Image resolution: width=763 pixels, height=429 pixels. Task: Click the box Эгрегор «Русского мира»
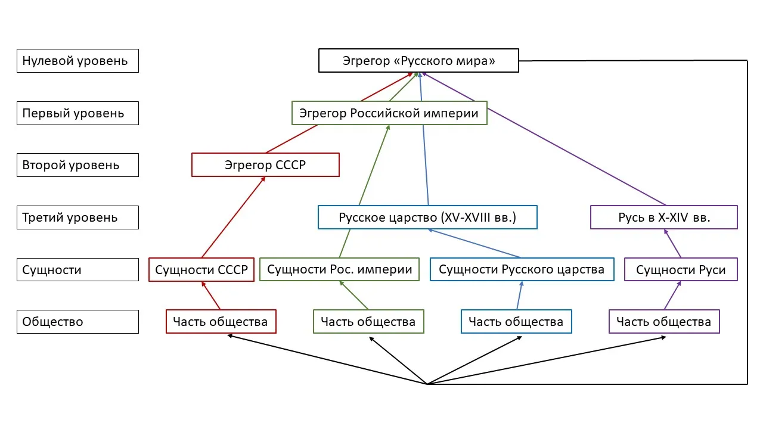coord(418,61)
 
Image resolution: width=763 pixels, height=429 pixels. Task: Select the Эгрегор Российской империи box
coord(389,113)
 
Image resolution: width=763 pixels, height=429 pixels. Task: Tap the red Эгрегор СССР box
coord(265,165)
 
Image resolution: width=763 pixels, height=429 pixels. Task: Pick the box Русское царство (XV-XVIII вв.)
coord(427,217)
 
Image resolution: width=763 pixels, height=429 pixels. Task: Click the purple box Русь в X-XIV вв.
coord(663,217)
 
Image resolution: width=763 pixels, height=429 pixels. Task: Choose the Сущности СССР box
coord(201,269)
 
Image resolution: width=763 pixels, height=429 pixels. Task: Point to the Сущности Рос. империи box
coord(340,269)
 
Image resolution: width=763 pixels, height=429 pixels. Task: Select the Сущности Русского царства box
coord(522,269)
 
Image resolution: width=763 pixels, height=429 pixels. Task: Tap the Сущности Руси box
coord(681,269)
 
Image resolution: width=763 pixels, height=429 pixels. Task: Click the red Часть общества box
coord(221,322)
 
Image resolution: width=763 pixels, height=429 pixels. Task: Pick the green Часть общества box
coord(368,322)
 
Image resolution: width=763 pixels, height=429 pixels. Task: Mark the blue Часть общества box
coord(516,322)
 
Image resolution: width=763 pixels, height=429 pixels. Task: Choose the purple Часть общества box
coord(664,322)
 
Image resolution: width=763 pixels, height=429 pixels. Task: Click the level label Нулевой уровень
coord(77,61)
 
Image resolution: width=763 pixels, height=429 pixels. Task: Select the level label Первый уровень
coord(77,113)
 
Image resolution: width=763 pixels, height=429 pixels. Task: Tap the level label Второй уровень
coord(77,165)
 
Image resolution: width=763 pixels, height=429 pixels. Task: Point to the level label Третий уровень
coord(77,217)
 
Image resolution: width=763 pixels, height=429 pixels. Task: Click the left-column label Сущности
coord(77,269)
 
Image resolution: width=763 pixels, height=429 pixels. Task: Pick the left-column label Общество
coord(77,322)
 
